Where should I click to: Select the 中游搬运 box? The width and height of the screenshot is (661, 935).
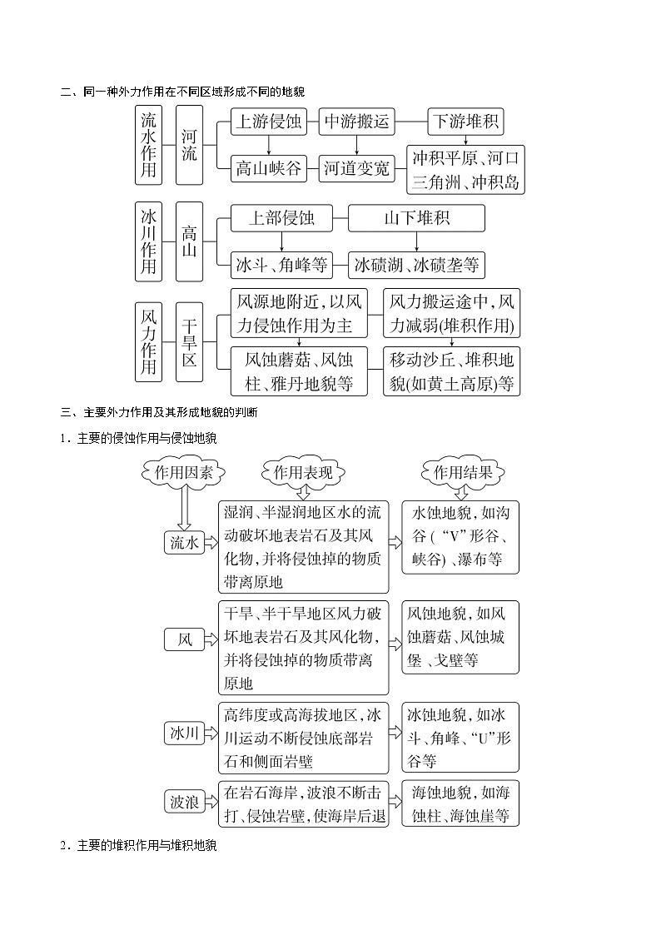tap(356, 122)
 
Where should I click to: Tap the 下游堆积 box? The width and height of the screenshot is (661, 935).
tap(465, 122)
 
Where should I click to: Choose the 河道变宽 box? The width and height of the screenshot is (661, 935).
tap(356, 169)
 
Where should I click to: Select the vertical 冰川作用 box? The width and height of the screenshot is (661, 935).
tap(148, 241)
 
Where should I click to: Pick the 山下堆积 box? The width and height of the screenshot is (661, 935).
tap(416, 218)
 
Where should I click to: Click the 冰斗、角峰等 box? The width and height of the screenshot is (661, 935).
tap(281, 266)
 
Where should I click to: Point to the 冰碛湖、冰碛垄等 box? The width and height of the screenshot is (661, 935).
tap(416, 266)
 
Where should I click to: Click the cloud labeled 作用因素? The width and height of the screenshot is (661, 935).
tap(183, 473)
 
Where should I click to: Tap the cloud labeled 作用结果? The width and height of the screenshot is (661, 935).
tap(463, 473)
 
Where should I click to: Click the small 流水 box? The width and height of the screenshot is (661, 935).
tap(184, 543)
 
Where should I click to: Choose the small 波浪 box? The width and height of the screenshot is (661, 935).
tap(184, 802)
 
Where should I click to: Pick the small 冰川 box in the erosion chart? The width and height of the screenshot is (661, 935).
tap(184, 733)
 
